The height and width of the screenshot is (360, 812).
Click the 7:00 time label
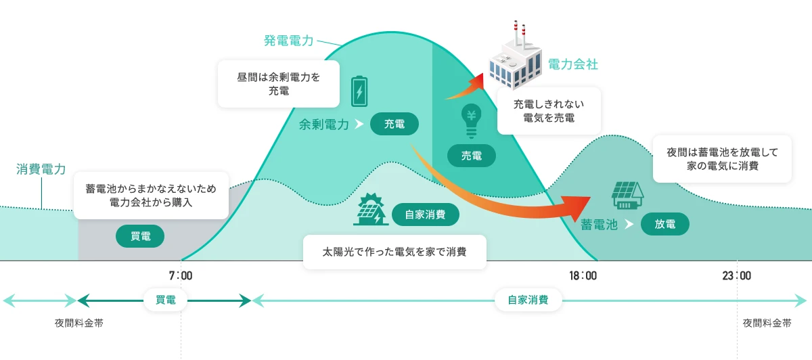click(181, 276)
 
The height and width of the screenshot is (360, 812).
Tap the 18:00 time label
click(583, 276)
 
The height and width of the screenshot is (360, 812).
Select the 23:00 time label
click(737, 276)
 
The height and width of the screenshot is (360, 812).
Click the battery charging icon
click(359, 91)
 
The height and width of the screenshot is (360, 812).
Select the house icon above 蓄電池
click(627, 195)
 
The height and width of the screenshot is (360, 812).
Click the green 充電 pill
click(394, 124)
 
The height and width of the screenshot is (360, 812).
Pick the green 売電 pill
click(472, 156)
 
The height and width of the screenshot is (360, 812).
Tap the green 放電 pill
click(665, 224)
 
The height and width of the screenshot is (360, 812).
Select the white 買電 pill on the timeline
click(166, 300)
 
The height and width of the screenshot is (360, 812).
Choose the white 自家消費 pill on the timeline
click(528, 300)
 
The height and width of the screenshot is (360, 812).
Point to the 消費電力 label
click(41, 169)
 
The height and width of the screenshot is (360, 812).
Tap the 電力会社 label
click(573, 65)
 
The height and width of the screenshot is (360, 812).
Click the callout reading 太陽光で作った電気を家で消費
click(394, 252)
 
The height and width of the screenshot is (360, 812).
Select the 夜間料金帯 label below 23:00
click(767, 323)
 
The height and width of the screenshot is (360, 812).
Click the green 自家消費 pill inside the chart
click(426, 215)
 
